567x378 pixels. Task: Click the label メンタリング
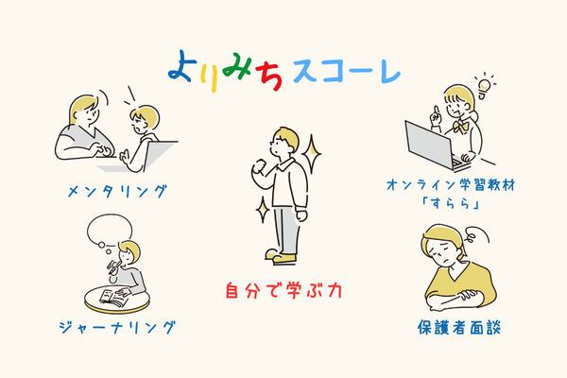click(x=117, y=191)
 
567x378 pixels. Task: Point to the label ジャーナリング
click(x=117, y=327)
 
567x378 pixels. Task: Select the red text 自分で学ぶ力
click(x=283, y=290)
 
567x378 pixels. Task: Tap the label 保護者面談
click(x=459, y=327)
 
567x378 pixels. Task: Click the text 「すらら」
click(x=451, y=204)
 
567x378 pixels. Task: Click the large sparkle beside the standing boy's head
click(x=311, y=154)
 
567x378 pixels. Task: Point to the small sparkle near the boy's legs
click(x=263, y=210)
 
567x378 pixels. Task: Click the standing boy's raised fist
click(x=259, y=167)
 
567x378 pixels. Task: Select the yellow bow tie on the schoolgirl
click(x=460, y=126)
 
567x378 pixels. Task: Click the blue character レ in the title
click(x=389, y=72)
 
